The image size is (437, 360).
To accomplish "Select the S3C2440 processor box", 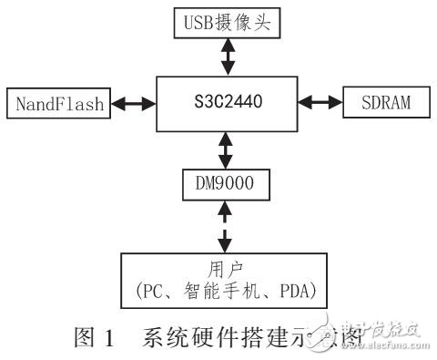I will click(x=223, y=102).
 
